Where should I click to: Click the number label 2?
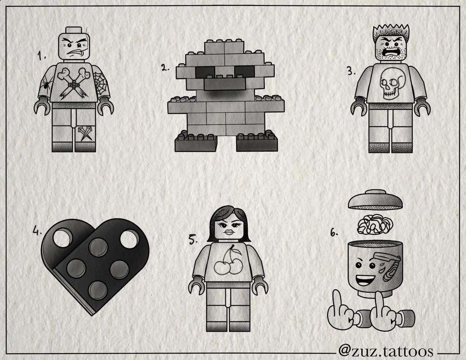click(165, 68)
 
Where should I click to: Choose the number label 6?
click(334, 233)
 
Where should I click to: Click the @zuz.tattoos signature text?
click(385, 351)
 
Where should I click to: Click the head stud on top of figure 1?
click(73, 30)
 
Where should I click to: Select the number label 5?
click(193, 239)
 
